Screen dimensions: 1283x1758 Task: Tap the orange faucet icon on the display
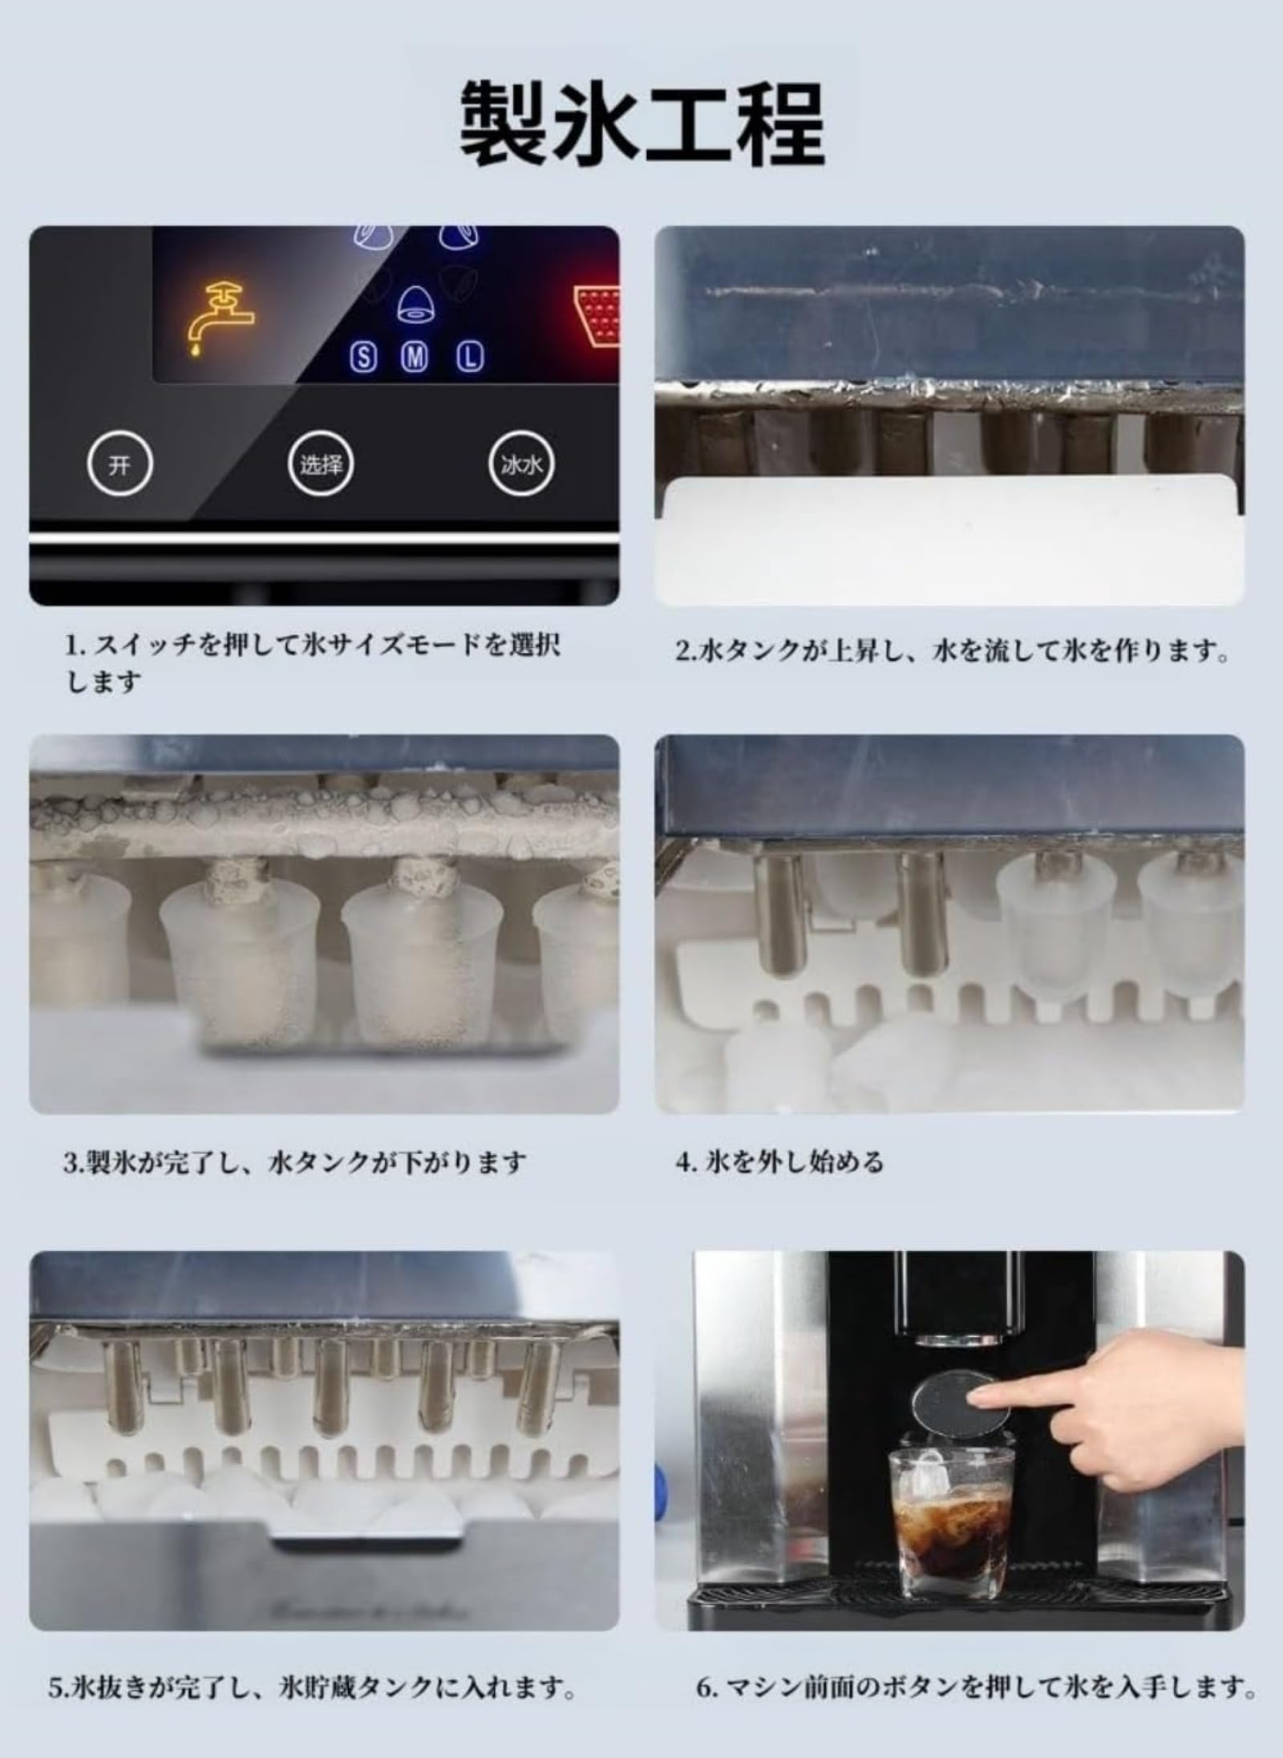coord(220,318)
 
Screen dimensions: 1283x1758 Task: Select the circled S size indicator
coord(364,358)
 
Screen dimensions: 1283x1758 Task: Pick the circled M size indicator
coord(415,358)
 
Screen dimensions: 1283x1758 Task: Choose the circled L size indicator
coord(471,358)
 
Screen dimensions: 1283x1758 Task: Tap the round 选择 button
coord(321,464)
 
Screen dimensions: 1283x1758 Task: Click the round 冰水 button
coord(522,464)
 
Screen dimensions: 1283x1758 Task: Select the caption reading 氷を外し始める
coord(779,1161)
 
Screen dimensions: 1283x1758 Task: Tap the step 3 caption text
coord(295,1161)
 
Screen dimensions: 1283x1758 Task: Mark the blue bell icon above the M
coord(415,305)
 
